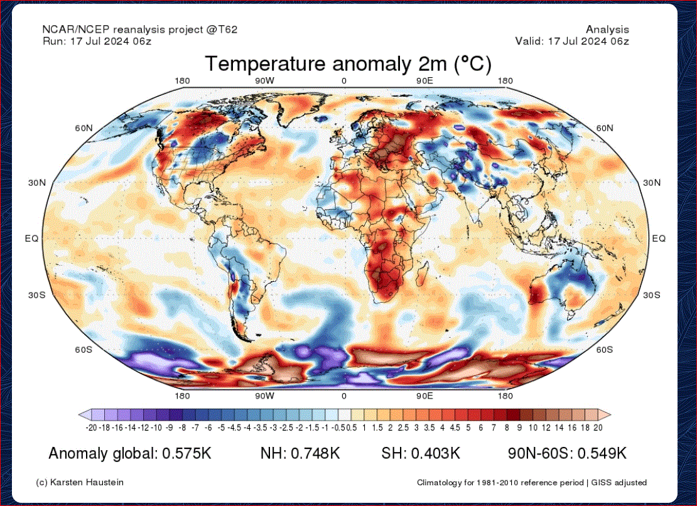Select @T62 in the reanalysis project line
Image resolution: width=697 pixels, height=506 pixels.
tap(222, 30)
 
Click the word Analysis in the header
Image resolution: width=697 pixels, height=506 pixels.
tap(607, 30)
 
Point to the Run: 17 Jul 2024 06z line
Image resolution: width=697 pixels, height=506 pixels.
tap(97, 41)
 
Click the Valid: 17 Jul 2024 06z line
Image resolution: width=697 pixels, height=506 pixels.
tap(572, 41)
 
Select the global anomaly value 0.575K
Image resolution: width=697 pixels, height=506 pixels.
tap(186, 453)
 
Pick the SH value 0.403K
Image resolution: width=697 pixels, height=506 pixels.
tap(435, 453)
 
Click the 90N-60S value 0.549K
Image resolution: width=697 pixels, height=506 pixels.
tap(602, 453)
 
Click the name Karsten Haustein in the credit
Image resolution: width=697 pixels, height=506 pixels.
tap(87, 482)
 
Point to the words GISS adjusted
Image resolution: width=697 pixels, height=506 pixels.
tap(619, 483)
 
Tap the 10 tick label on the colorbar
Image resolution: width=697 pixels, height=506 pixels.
tap(533, 428)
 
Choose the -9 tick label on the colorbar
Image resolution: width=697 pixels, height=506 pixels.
tap(169, 428)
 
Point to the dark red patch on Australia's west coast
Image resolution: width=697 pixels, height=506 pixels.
tap(538, 293)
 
